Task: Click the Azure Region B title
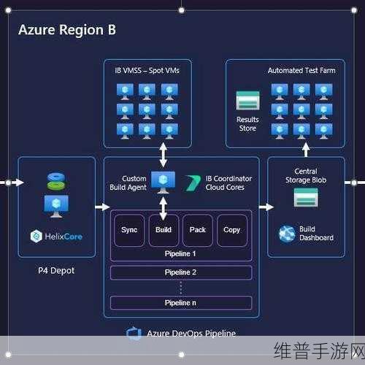click(67, 30)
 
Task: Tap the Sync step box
click(129, 231)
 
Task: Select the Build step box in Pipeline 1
click(164, 231)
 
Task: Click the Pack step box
click(198, 231)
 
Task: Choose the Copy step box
click(232, 231)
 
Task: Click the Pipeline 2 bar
click(181, 272)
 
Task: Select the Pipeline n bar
click(181, 303)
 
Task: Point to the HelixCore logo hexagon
click(36, 236)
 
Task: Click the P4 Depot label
click(56, 271)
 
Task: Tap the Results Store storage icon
click(247, 101)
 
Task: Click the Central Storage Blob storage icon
click(306, 197)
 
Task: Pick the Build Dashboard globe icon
click(287, 234)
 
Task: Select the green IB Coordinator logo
click(193, 183)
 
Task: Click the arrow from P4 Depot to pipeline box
click(102, 207)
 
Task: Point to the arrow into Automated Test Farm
click(306, 150)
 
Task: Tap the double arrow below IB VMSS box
click(163, 155)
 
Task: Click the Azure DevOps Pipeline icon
click(134, 334)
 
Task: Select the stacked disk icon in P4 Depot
click(56, 181)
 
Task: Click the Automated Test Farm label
click(301, 71)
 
